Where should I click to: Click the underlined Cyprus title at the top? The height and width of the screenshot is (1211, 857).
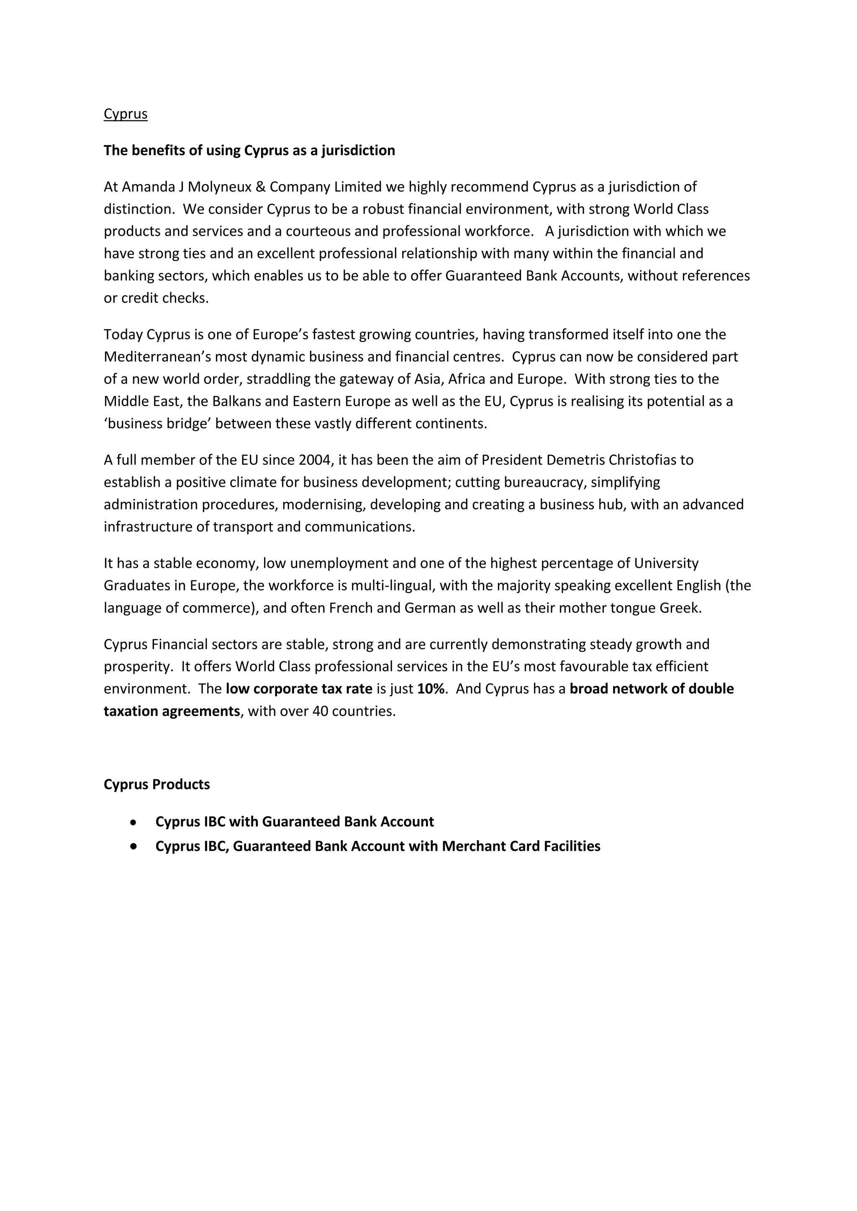pyautogui.click(x=126, y=114)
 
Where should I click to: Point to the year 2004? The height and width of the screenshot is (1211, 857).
pyautogui.click(x=315, y=460)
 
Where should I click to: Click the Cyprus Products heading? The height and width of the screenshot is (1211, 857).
pyautogui.click(x=157, y=784)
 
